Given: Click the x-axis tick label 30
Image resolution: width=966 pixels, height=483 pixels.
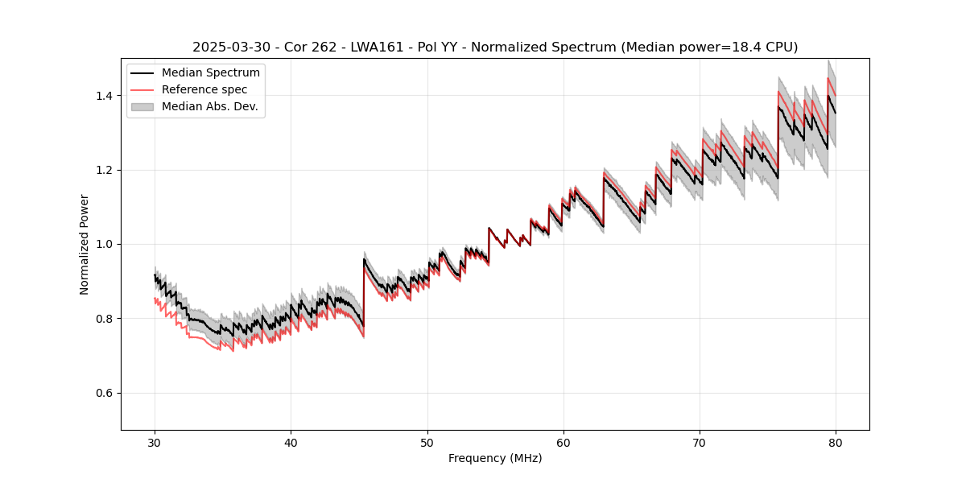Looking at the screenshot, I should [x=155, y=442].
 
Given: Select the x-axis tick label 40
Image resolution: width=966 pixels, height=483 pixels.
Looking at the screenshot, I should [x=291, y=442].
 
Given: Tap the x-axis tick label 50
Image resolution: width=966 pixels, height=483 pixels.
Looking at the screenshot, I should [x=427, y=442].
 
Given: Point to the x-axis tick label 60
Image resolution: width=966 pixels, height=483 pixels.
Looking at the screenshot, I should [x=563, y=442].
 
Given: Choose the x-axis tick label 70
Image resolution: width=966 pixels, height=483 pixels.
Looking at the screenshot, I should [x=700, y=442].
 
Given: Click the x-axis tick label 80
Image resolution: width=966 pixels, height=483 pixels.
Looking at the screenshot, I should [x=836, y=442].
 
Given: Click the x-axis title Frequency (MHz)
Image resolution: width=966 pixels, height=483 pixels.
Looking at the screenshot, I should [x=495, y=458].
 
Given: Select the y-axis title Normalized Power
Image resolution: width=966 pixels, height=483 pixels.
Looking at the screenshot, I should [x=85, y=244].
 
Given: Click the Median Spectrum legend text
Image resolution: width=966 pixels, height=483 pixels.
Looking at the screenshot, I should [x=210, y=73].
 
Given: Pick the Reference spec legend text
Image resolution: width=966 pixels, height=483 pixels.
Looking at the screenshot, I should [x=204, y=89].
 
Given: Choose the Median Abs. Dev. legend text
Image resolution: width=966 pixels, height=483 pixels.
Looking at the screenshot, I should [x=209, y=106].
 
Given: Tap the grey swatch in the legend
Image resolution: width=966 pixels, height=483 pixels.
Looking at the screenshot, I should [x=142, y=106].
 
